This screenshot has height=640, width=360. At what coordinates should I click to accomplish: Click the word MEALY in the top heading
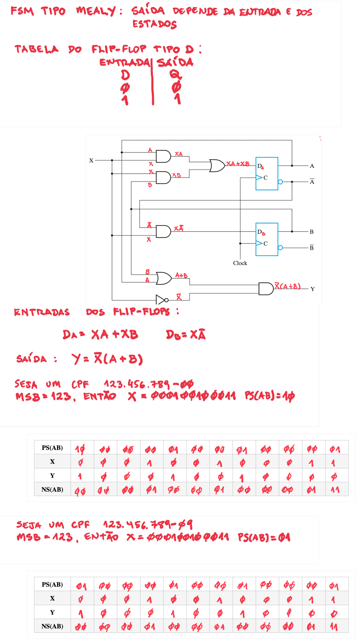pyautogui.click(x=96, y=11)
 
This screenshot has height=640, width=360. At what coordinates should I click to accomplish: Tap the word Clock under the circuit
pyautogui.click(x=240, y=263)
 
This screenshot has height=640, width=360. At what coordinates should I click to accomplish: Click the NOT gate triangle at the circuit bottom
pyautogui.click(x=160, y=300)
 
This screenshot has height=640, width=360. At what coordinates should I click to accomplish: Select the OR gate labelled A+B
pyautogui.click(x=164, y=278)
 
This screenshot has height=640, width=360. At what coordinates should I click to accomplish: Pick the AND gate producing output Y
pyautogui.click(x=266, y=288)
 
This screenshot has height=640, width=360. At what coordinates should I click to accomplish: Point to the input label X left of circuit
pyautogui.click(x=91, y=160)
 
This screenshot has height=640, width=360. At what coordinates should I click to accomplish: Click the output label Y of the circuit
pyautogui.click(x=312, y=289)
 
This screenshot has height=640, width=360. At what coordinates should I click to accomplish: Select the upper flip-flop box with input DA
pyautogui.click(x=267, y=174)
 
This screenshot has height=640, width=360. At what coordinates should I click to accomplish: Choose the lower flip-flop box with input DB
pyautogui.click(x=267, y=240)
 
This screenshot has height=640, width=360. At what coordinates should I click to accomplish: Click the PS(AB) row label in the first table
pyautogui.click(x=52, y=448)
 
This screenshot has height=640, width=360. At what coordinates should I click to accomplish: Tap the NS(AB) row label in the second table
pyautogui.click(x=52, y=626)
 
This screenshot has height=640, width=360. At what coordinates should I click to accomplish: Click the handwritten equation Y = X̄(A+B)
pyautogui.click(x=108, y=359)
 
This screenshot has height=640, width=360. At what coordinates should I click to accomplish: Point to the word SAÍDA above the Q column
pyautogui.click(x=175, y=62)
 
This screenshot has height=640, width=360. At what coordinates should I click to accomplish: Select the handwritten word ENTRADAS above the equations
pyautogui.click(x=42, y=312)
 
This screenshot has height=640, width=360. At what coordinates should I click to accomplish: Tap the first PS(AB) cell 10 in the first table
pyautogui.click(x=80, y=450)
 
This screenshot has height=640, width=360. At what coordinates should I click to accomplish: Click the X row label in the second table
pyautogui.click(x=52, y=598)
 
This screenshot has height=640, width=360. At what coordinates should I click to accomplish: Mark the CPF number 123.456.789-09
pyautogui.click(x=148, y=524)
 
